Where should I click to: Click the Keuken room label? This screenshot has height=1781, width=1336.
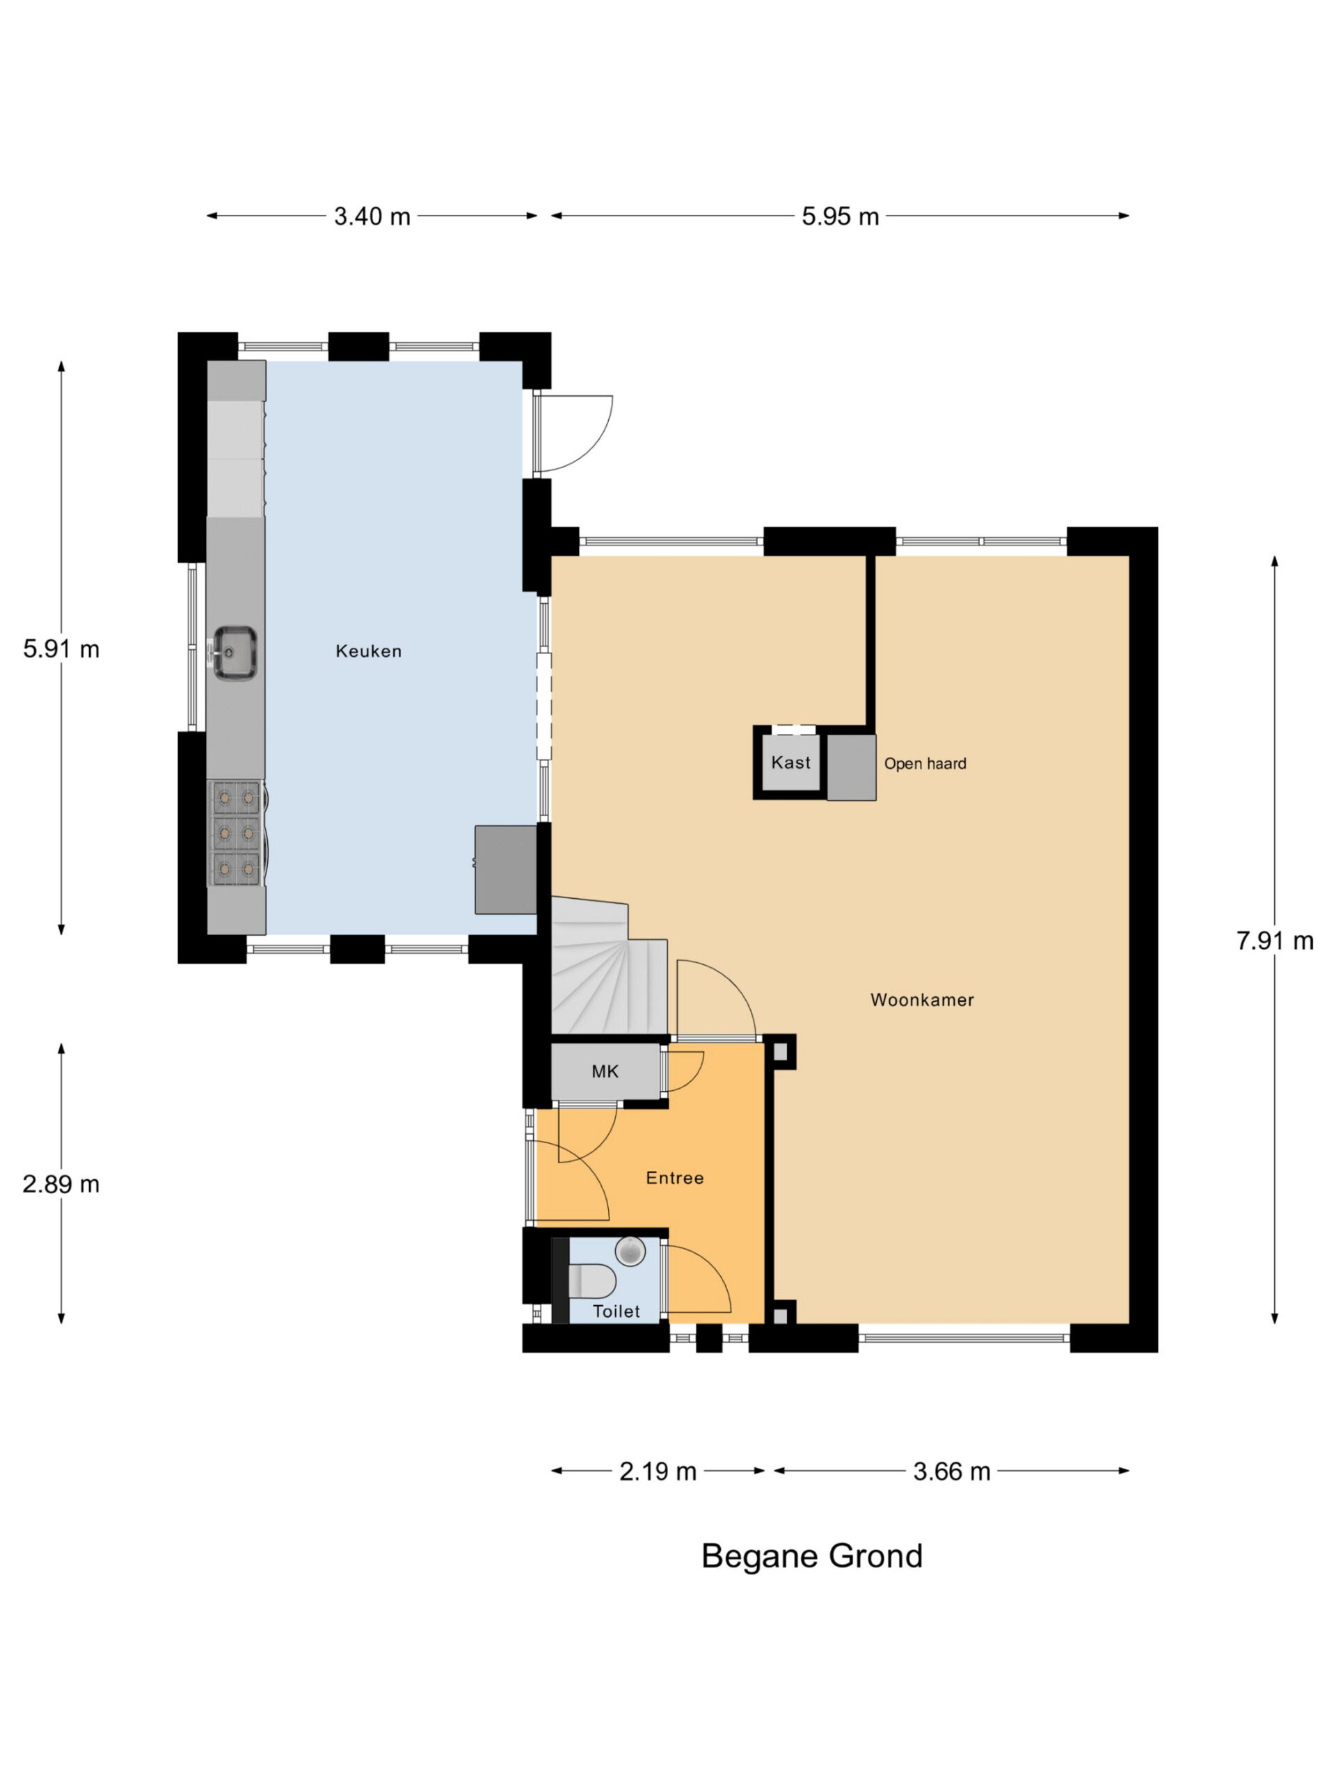368,650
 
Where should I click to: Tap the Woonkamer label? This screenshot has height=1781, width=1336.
922,999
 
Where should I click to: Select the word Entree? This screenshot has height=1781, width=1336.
675,1177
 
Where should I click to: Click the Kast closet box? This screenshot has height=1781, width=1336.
790,762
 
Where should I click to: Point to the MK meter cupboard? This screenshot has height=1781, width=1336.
605,1071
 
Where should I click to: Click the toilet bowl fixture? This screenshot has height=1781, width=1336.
591,1280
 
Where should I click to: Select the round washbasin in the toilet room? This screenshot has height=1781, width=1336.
630,1250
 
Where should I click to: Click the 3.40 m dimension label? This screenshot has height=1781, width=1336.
372,216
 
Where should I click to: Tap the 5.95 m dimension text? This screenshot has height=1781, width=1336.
840,216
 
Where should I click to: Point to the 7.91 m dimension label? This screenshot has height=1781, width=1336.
1275,940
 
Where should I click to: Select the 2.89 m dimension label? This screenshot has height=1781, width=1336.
61,1183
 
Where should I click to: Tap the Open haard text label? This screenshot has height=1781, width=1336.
925,763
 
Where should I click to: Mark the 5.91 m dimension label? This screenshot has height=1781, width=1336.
61,648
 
